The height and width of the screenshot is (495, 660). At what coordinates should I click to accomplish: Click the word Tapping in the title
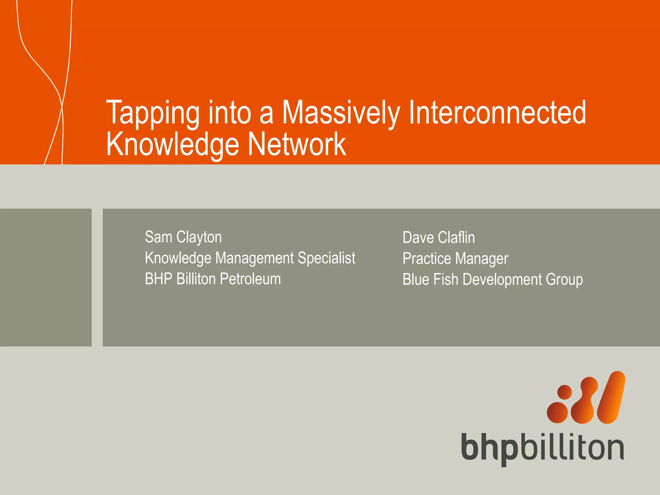click(153, 113)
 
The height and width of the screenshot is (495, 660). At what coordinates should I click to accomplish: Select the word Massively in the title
click(341, 113)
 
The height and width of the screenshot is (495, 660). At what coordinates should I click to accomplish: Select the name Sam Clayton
click(183, 237)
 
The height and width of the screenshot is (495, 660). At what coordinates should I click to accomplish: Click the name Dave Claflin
click(439, 238)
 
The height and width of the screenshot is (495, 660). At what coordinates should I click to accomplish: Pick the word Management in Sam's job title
click(255, 258)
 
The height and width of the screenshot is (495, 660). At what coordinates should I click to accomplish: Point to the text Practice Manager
click(455, 259)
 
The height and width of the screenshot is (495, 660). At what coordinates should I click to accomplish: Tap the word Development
click(502, 280)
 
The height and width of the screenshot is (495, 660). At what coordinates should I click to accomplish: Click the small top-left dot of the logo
click(565, 392)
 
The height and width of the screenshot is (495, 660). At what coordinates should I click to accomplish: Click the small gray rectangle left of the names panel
click(45, 277)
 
